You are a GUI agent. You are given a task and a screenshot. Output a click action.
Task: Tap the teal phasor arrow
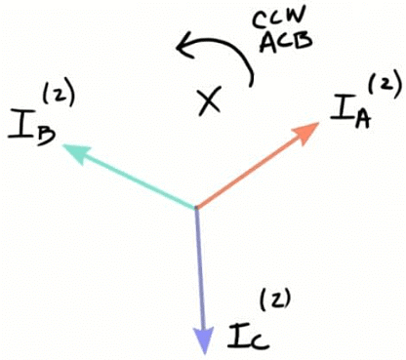(132, 177)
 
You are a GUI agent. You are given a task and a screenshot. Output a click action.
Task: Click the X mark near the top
(207, 101)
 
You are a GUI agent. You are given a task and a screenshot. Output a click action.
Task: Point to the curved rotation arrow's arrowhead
(182, 43)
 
